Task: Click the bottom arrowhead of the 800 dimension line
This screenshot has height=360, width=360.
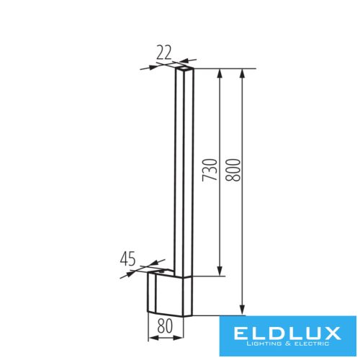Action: coord(243,312)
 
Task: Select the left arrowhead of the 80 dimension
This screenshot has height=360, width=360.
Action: coord(150,337)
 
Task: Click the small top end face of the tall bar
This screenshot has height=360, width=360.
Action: coord(186,68)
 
